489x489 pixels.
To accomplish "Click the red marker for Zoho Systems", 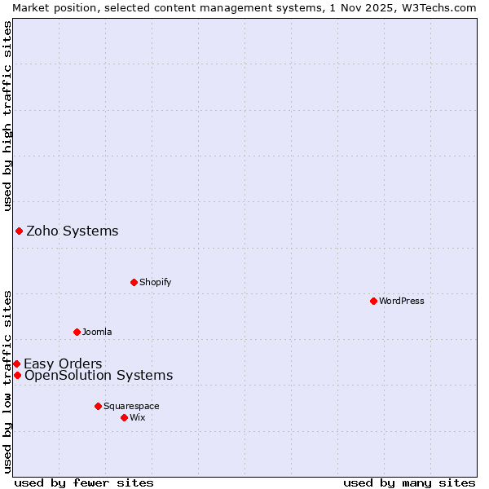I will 19,231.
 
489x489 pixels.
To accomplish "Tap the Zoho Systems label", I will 72,231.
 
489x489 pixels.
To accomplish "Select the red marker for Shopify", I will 134,282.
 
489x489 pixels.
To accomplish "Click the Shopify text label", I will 155,283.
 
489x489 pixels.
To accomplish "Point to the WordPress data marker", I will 373,301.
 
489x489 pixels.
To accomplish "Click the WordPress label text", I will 401,302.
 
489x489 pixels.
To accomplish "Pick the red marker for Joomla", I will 77,332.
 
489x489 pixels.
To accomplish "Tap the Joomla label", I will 97,333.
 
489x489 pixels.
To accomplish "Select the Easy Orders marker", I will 16,363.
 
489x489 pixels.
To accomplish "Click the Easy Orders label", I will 63,364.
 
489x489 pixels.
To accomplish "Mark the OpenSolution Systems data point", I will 17,375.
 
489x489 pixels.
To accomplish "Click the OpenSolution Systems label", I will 99,376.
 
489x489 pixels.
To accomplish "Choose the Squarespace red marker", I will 98,406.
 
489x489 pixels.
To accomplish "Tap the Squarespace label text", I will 131,407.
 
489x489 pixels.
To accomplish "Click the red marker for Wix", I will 124,417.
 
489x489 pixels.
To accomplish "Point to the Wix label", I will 138,418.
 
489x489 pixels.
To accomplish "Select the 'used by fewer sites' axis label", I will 84,483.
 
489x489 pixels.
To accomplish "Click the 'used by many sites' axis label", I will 409,483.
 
